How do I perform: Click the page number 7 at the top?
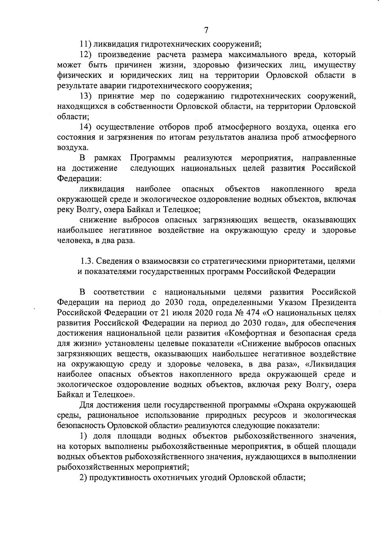(x=206, y=30)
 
